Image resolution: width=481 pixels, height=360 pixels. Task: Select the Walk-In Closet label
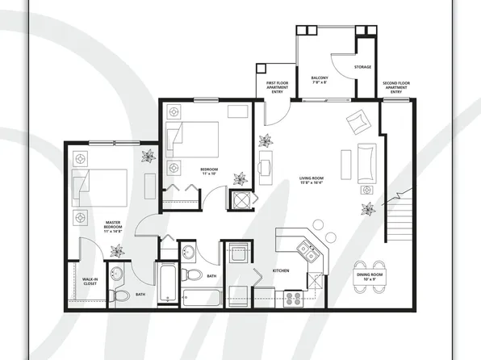[x=90, y=282]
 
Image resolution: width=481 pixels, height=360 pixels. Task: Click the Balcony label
[x=320, y=80]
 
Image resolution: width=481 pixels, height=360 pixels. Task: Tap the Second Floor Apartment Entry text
[x=396, y=87]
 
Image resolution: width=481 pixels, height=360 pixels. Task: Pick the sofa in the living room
[x=366, y=162]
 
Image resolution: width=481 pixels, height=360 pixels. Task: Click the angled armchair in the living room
[x=356, y=123]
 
